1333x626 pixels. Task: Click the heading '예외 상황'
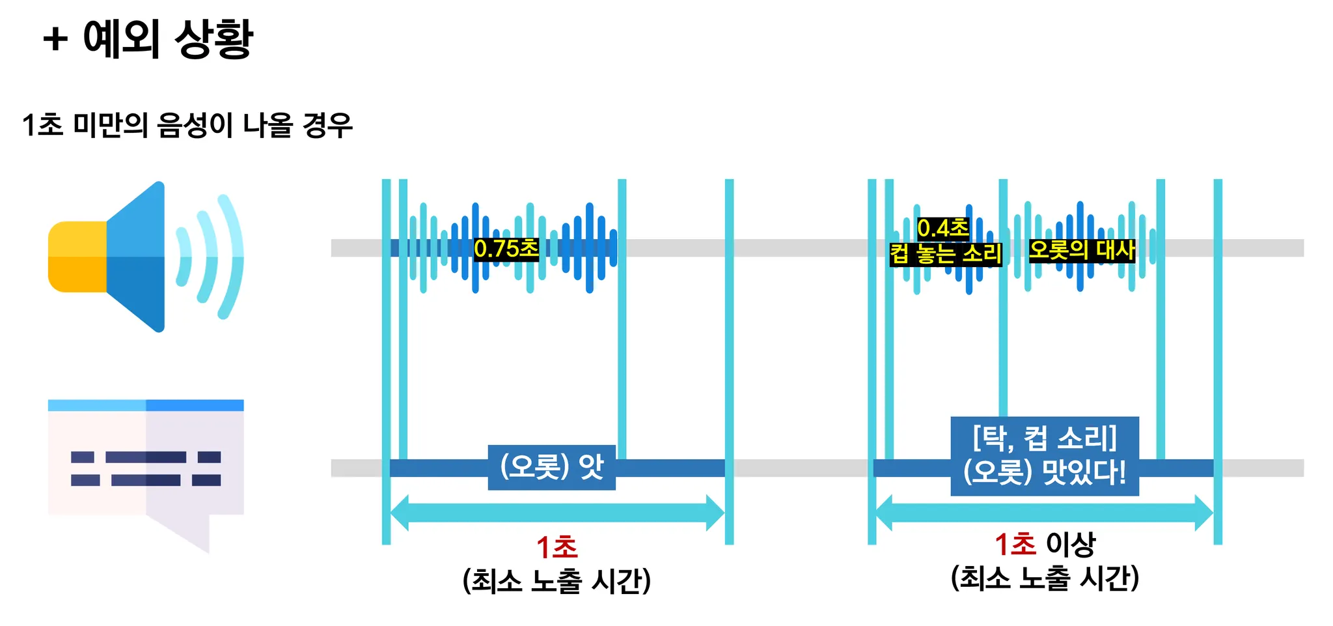pyautogui.click(x=168, y=38)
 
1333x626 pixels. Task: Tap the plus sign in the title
pyautogui.click(x=55, y=39)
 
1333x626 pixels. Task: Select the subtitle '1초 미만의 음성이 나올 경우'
pyautogui.click(x=187, y=125)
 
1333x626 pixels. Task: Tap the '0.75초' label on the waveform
pyautogui.click(x=506, y=248)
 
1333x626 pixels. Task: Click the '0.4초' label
pyautogui.click(x=942, y=228)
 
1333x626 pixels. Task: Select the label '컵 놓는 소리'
pyautogui.click(x=946, y=253)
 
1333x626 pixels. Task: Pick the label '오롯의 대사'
pyautogui.click(x=1082, y=249)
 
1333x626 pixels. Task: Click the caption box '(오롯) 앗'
pyautogui.click(x=552, y=467)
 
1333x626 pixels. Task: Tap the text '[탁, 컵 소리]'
pyautogui.click(x=1045, y=438)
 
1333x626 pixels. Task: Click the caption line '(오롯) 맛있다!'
pyautogui.click(x=1045, y=472)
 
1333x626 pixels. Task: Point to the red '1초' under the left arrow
pyautogui.click(x=557, y=547)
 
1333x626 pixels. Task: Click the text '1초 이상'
pyautogui.click(x=1045, y=544)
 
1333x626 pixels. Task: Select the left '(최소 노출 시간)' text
pyautogui.click(x=557, y=580)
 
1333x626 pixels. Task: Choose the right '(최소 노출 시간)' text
pyautogui.click(x=1045, y=578)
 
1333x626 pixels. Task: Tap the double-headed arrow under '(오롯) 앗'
pyautogui.click(x=557, y=513)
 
